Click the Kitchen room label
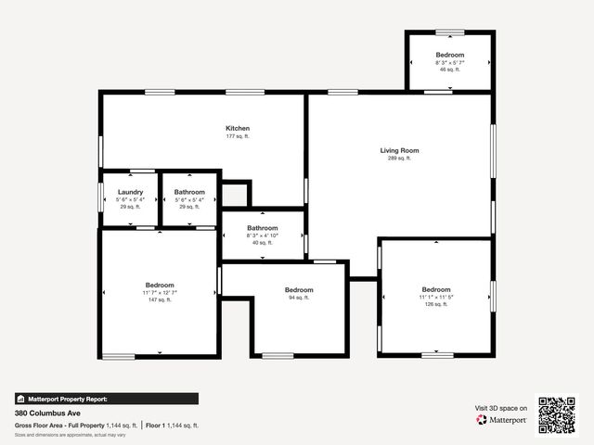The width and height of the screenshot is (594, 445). coord(238,128)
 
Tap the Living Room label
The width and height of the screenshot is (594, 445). coord(399,150)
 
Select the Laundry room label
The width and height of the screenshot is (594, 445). coord(130,192)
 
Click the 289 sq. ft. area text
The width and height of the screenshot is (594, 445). coord(399,159)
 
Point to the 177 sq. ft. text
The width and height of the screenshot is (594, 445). coord(238,136)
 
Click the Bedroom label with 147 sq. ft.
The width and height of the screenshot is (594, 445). coord(160,285)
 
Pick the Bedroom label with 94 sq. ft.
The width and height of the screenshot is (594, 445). coord(299,289)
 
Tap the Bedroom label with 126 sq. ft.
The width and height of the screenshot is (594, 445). coord(436,288)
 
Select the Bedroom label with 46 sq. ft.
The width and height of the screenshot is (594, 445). coord(450,56)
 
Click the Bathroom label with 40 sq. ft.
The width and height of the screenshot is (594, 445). coord(263,228)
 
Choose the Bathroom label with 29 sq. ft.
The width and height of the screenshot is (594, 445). coord(189,192)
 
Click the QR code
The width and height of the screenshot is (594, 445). coord(558,415)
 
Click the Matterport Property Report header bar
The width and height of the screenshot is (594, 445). coord(106,399)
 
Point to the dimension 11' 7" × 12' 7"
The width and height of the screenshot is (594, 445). coord(160,293)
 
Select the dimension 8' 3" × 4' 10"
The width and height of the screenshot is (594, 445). coord(263,235)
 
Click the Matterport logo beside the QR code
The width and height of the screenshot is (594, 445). coord(502,420)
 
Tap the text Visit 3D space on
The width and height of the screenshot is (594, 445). coord(501,408)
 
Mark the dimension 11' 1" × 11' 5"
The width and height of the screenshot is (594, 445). coord(436,297)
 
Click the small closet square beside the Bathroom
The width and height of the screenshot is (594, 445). coord(235,195)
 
